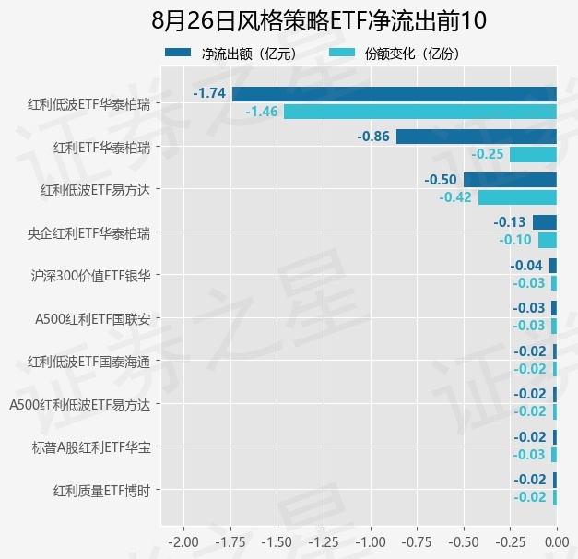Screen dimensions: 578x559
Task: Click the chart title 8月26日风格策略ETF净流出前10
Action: [x=319, y=20]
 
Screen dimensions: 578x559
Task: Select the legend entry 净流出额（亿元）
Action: [x=231, y=54]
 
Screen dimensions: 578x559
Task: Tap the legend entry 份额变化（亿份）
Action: [x=395, y=54]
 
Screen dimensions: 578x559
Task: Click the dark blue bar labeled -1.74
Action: [x=394, y=94]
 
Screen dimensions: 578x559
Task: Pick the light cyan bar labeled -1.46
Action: [x=420, y=112]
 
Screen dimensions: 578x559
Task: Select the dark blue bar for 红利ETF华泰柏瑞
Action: [x=477, y=137]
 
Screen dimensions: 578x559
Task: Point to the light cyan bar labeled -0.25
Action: [x=533, y=154]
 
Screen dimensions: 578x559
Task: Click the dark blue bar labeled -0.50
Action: [x=510, y=180]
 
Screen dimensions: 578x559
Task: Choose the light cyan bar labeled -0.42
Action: [x=517, y=197]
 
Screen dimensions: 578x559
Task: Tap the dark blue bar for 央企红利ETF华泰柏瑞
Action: [x=545, y=222]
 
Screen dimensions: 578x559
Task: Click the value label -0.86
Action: [x=373, y=137]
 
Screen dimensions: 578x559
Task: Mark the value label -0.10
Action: [x=515, y=240]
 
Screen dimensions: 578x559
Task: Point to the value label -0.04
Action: [x=526, y=266]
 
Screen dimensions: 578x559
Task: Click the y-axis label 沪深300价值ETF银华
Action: [x=90, y=276]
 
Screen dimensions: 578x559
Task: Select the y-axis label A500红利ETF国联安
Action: [x=93, y=319]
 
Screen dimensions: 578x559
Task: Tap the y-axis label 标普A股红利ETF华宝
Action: [x=91, y=447]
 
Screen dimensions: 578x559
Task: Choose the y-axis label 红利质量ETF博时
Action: [x=101, y=491]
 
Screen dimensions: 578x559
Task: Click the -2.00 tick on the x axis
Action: [x=183, y=542]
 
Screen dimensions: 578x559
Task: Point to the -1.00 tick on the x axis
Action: [x=371, y=542]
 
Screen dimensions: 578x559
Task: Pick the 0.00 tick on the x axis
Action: [x=557, y=542]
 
